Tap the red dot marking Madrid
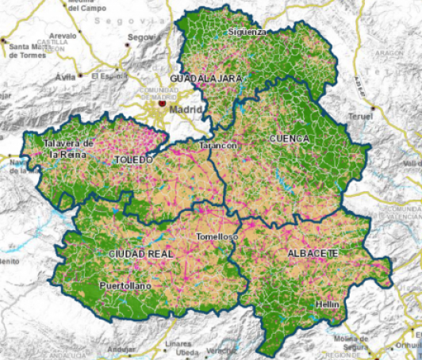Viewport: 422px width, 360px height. [162, 102]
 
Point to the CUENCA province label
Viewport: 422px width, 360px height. [290, 138]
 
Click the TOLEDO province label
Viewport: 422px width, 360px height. [133, 159]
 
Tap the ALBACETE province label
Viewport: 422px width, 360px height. [309, 252]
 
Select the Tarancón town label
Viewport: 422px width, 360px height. [218, 147]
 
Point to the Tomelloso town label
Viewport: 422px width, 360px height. [217, 237]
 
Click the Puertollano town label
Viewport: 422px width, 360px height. [125, 285]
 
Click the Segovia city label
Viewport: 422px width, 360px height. [144, 37]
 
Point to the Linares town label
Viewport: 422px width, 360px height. [180, 344]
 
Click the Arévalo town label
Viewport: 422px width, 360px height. [63, 36]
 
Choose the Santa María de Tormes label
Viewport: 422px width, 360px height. [29, 51]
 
